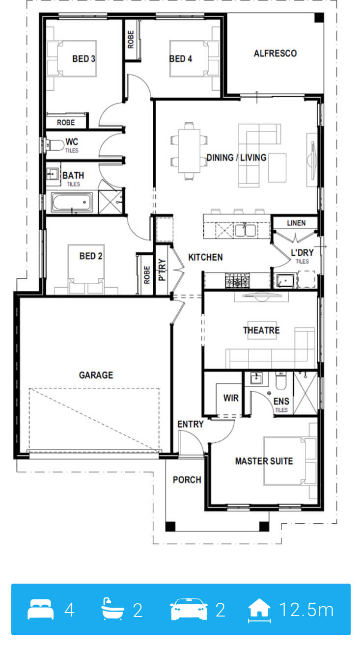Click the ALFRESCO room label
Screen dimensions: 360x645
(x=275, y=54)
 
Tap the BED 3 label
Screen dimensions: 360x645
(x=83, y=59)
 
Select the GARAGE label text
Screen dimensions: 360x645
(x=96, y=375)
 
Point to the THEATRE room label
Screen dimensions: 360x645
(x=261, y=330)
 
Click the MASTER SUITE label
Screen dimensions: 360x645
(x=264, y=461)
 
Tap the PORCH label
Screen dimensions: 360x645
(x=187, y=480)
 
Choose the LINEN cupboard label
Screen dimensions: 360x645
(x=296, y=223)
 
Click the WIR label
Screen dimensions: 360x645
(x=231, y=398)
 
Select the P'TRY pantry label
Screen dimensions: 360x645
(x=162, y=270)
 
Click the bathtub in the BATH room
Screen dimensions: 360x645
(x=72, y=202)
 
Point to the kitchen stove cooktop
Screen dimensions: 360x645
(x=237, y=280)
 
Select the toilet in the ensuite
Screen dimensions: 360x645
(x=281, y=380)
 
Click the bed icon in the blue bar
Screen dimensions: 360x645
(x=41, y=609)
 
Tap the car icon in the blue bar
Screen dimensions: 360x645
(x=189, y=609)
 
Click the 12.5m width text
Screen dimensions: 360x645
(x=306, y=610)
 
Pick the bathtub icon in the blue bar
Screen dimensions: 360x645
(x=112, y=609)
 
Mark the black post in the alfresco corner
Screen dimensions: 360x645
(x=319, y=18)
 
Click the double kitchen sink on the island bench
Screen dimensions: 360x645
(x=245, y=230)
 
